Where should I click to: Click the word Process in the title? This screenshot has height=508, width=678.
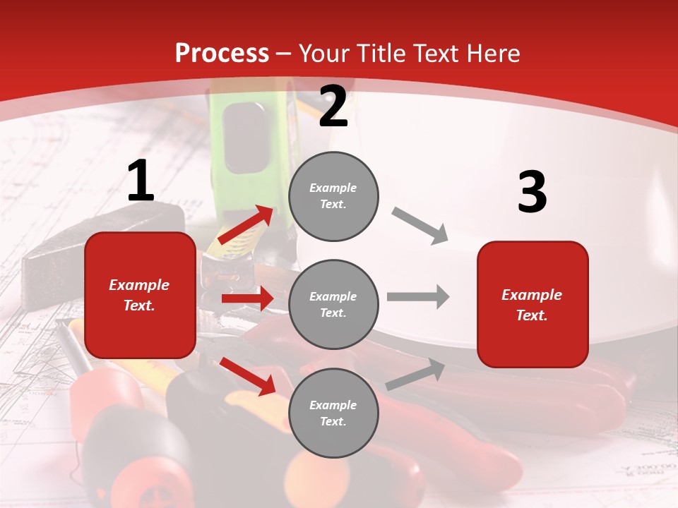[222, 53]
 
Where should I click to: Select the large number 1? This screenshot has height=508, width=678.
[141, 182]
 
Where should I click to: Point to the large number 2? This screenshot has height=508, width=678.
[333, 107]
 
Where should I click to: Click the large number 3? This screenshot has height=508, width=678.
[532, 193]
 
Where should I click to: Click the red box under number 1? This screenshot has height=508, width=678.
[140, 295]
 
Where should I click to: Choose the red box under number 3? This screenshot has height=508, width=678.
[533, 304]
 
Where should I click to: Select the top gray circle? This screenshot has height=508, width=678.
[333, 196]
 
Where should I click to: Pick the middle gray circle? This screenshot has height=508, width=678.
[333, 304]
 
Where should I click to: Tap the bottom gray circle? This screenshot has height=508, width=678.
[333, 413]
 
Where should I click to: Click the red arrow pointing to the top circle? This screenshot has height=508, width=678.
[245, 225]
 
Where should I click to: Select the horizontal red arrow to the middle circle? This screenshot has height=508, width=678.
[247, 298]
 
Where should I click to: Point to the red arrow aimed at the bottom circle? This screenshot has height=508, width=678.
[248, 376]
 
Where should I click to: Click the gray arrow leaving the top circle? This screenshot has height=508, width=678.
[420, 226]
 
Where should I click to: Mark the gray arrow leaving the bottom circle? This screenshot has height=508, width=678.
[415, 375]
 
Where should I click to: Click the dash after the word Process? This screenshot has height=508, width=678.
[284, 54]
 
